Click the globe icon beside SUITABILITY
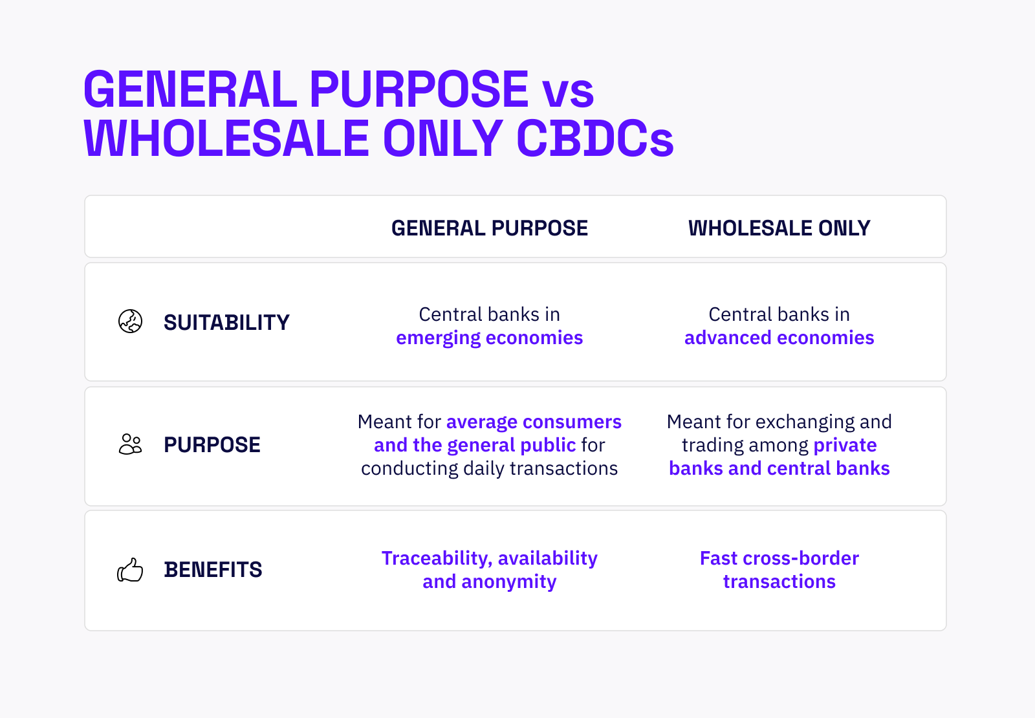tap(131, 321)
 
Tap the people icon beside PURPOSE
tap(131, 444)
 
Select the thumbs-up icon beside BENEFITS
tap(130, 570)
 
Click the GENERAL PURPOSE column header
tap(490, 228)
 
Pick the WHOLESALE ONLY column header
tap(779, 228)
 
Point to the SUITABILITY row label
tap(226, 322)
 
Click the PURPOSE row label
tap(212, 445)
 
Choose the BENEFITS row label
tap(213, 570)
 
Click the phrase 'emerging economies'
tap(490, 338)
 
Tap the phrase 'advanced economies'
tap(779, 338)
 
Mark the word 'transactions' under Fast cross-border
tap(779, 582)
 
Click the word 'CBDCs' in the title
tap(595, 138)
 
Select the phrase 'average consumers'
tap(534, 422)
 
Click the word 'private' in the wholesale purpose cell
tap(845, 445)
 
